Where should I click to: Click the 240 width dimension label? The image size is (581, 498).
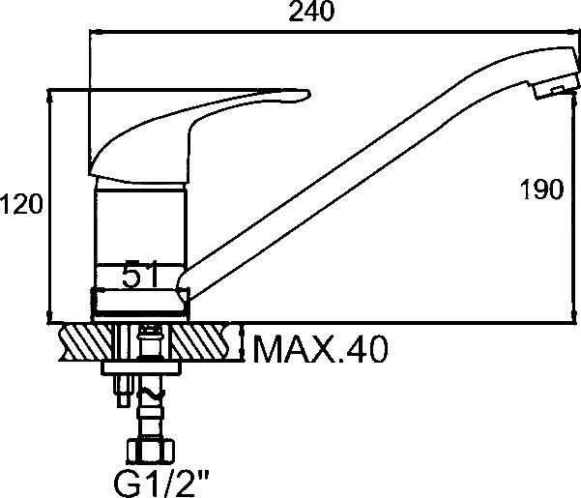311,12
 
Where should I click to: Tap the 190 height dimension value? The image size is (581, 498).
541,190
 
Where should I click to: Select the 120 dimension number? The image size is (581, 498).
21,204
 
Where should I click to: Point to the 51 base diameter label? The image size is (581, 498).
140,275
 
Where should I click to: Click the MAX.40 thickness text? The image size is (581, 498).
321,349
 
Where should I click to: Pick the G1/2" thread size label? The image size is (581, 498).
161,483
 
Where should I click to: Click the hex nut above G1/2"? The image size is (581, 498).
150,452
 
